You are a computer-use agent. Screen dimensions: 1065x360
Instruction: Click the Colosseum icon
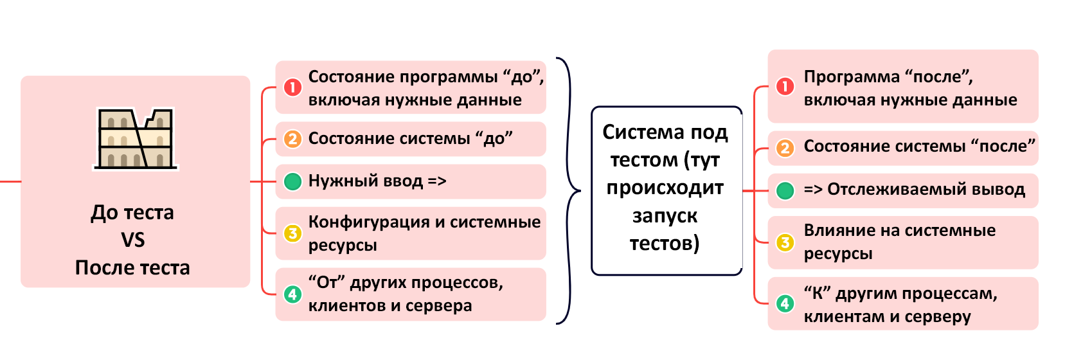point(136,138)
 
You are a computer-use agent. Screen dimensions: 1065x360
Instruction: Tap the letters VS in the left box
point(132,240)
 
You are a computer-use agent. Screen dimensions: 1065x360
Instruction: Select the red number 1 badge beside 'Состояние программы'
point(293,87)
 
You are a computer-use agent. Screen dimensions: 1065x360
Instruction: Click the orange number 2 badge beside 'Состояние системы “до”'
point(293,139)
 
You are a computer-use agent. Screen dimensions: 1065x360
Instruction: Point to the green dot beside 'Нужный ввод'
point(293,182)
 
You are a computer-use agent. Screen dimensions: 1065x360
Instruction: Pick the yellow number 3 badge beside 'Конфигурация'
point(293,233)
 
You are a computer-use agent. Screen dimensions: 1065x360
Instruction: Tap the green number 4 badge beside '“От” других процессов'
point(293,294)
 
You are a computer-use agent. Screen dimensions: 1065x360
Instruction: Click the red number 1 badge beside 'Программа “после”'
point(785,87)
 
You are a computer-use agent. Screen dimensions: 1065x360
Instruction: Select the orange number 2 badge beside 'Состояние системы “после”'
point(785,148)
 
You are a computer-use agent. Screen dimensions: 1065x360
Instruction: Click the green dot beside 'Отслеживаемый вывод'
point(785,191)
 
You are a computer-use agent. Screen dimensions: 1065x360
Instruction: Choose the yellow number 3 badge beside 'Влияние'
point(785,242)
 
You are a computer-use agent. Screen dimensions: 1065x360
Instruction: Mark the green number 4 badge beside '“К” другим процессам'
point(785,303)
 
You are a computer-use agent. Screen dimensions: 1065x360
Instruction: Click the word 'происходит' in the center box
point(665,188)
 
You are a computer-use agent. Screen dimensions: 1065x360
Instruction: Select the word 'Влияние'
point(839,230)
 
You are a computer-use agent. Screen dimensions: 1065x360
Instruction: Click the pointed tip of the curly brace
point(580,191)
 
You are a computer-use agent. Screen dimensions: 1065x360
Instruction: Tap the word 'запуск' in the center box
point(665,217)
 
